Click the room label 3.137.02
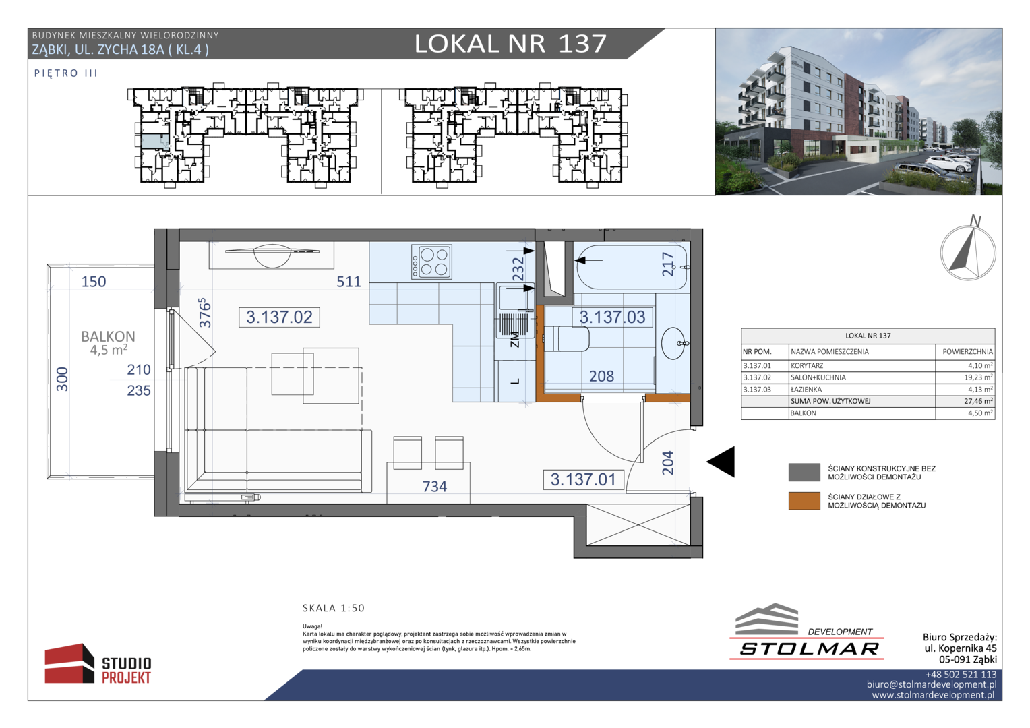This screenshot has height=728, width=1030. [279, 317]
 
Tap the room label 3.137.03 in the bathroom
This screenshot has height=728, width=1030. [612, 317]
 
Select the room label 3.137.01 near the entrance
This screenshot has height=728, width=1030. [583, 479]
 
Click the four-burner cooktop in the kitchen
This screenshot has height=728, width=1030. [432, 262]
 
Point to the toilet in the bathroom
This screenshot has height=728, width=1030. [566, 339]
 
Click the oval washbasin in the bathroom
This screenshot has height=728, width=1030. [673, 343]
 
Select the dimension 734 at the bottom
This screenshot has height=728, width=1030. [435, 486]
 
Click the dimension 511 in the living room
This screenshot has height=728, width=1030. [349, 282]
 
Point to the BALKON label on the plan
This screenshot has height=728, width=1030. [108, 336]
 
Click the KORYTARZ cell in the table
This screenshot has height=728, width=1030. [807, 365]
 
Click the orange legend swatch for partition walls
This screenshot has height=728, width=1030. [804, 501]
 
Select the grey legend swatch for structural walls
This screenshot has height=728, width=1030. [804, 473]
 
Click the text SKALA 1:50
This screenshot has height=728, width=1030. [334, 608]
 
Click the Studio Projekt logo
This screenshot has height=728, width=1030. [98, 663]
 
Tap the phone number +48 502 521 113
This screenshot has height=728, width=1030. [961, 675]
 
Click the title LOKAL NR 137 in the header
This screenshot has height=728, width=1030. [510, 44]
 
